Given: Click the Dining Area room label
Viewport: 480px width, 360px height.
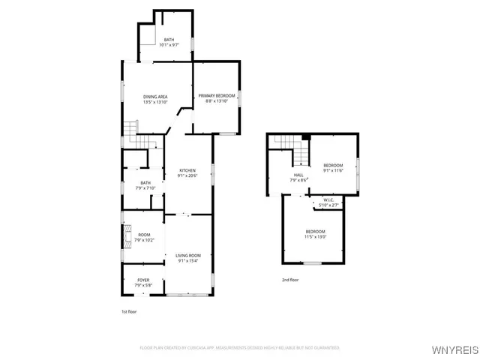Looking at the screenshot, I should pos(155,97).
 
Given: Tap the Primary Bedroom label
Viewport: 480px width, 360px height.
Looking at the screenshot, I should pos(217,96).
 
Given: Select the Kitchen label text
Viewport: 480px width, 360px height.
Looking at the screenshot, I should pos(187,170).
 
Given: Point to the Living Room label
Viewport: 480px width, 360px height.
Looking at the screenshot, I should pos(188,256).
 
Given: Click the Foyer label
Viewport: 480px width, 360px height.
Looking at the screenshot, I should pos(142,280).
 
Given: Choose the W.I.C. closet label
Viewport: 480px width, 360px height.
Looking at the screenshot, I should pos(328,200).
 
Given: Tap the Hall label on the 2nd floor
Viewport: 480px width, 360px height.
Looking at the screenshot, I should pos(298,175).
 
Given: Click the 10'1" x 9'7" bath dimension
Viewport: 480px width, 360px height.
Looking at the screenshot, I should pos(169,45).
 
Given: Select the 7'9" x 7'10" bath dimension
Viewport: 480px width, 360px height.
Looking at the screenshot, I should pos(145,187).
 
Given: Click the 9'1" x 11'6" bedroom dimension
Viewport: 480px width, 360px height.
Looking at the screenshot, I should pos(333,170).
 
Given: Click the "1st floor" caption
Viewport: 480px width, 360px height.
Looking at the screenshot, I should pos(129,310).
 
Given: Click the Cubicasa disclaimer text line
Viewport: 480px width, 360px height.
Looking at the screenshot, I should pos(240,348).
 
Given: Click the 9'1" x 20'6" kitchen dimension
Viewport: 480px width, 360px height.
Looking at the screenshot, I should pos(187,175).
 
